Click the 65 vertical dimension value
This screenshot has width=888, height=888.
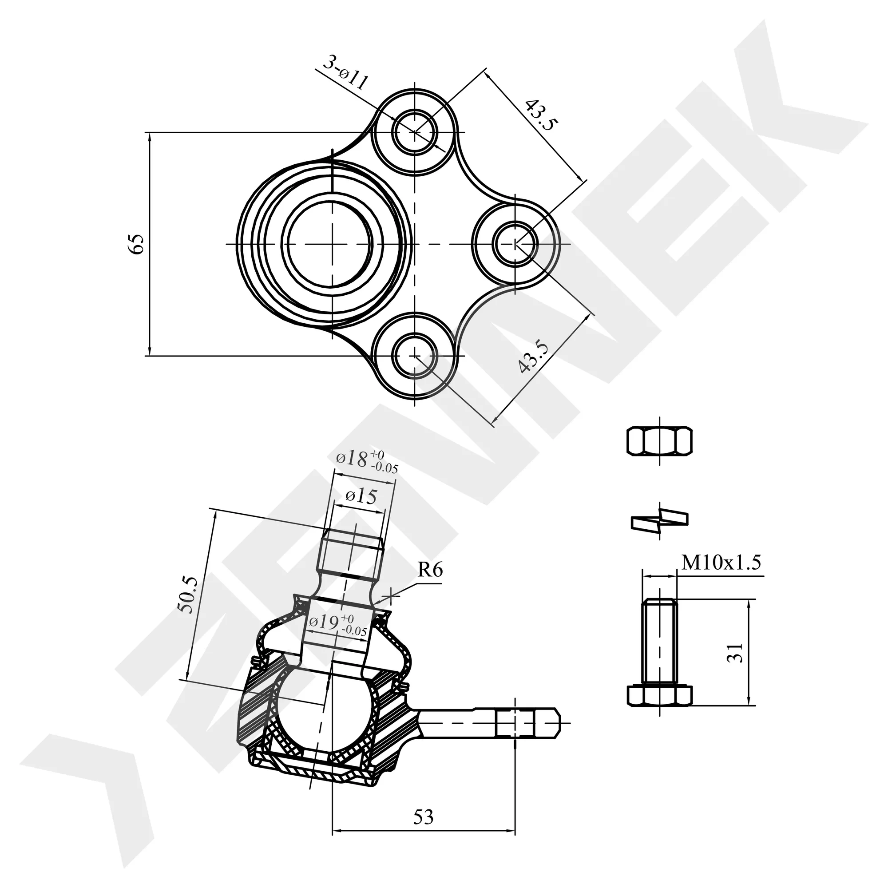click(x=136, y=244)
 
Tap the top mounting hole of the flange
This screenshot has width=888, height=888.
click(x=415, y=132)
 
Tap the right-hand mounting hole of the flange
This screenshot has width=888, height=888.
click(x=515, y=244)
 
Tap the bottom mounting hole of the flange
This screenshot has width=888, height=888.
click(x=415, y=355)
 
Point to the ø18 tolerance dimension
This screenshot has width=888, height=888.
click(x=367, y=460)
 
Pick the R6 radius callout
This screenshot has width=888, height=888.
click(x=430, y=571)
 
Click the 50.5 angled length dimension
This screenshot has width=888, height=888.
click(x=188, y=595)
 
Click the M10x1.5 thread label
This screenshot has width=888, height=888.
click(x=721, y=562)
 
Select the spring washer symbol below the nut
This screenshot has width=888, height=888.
click(x=660, y=521)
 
